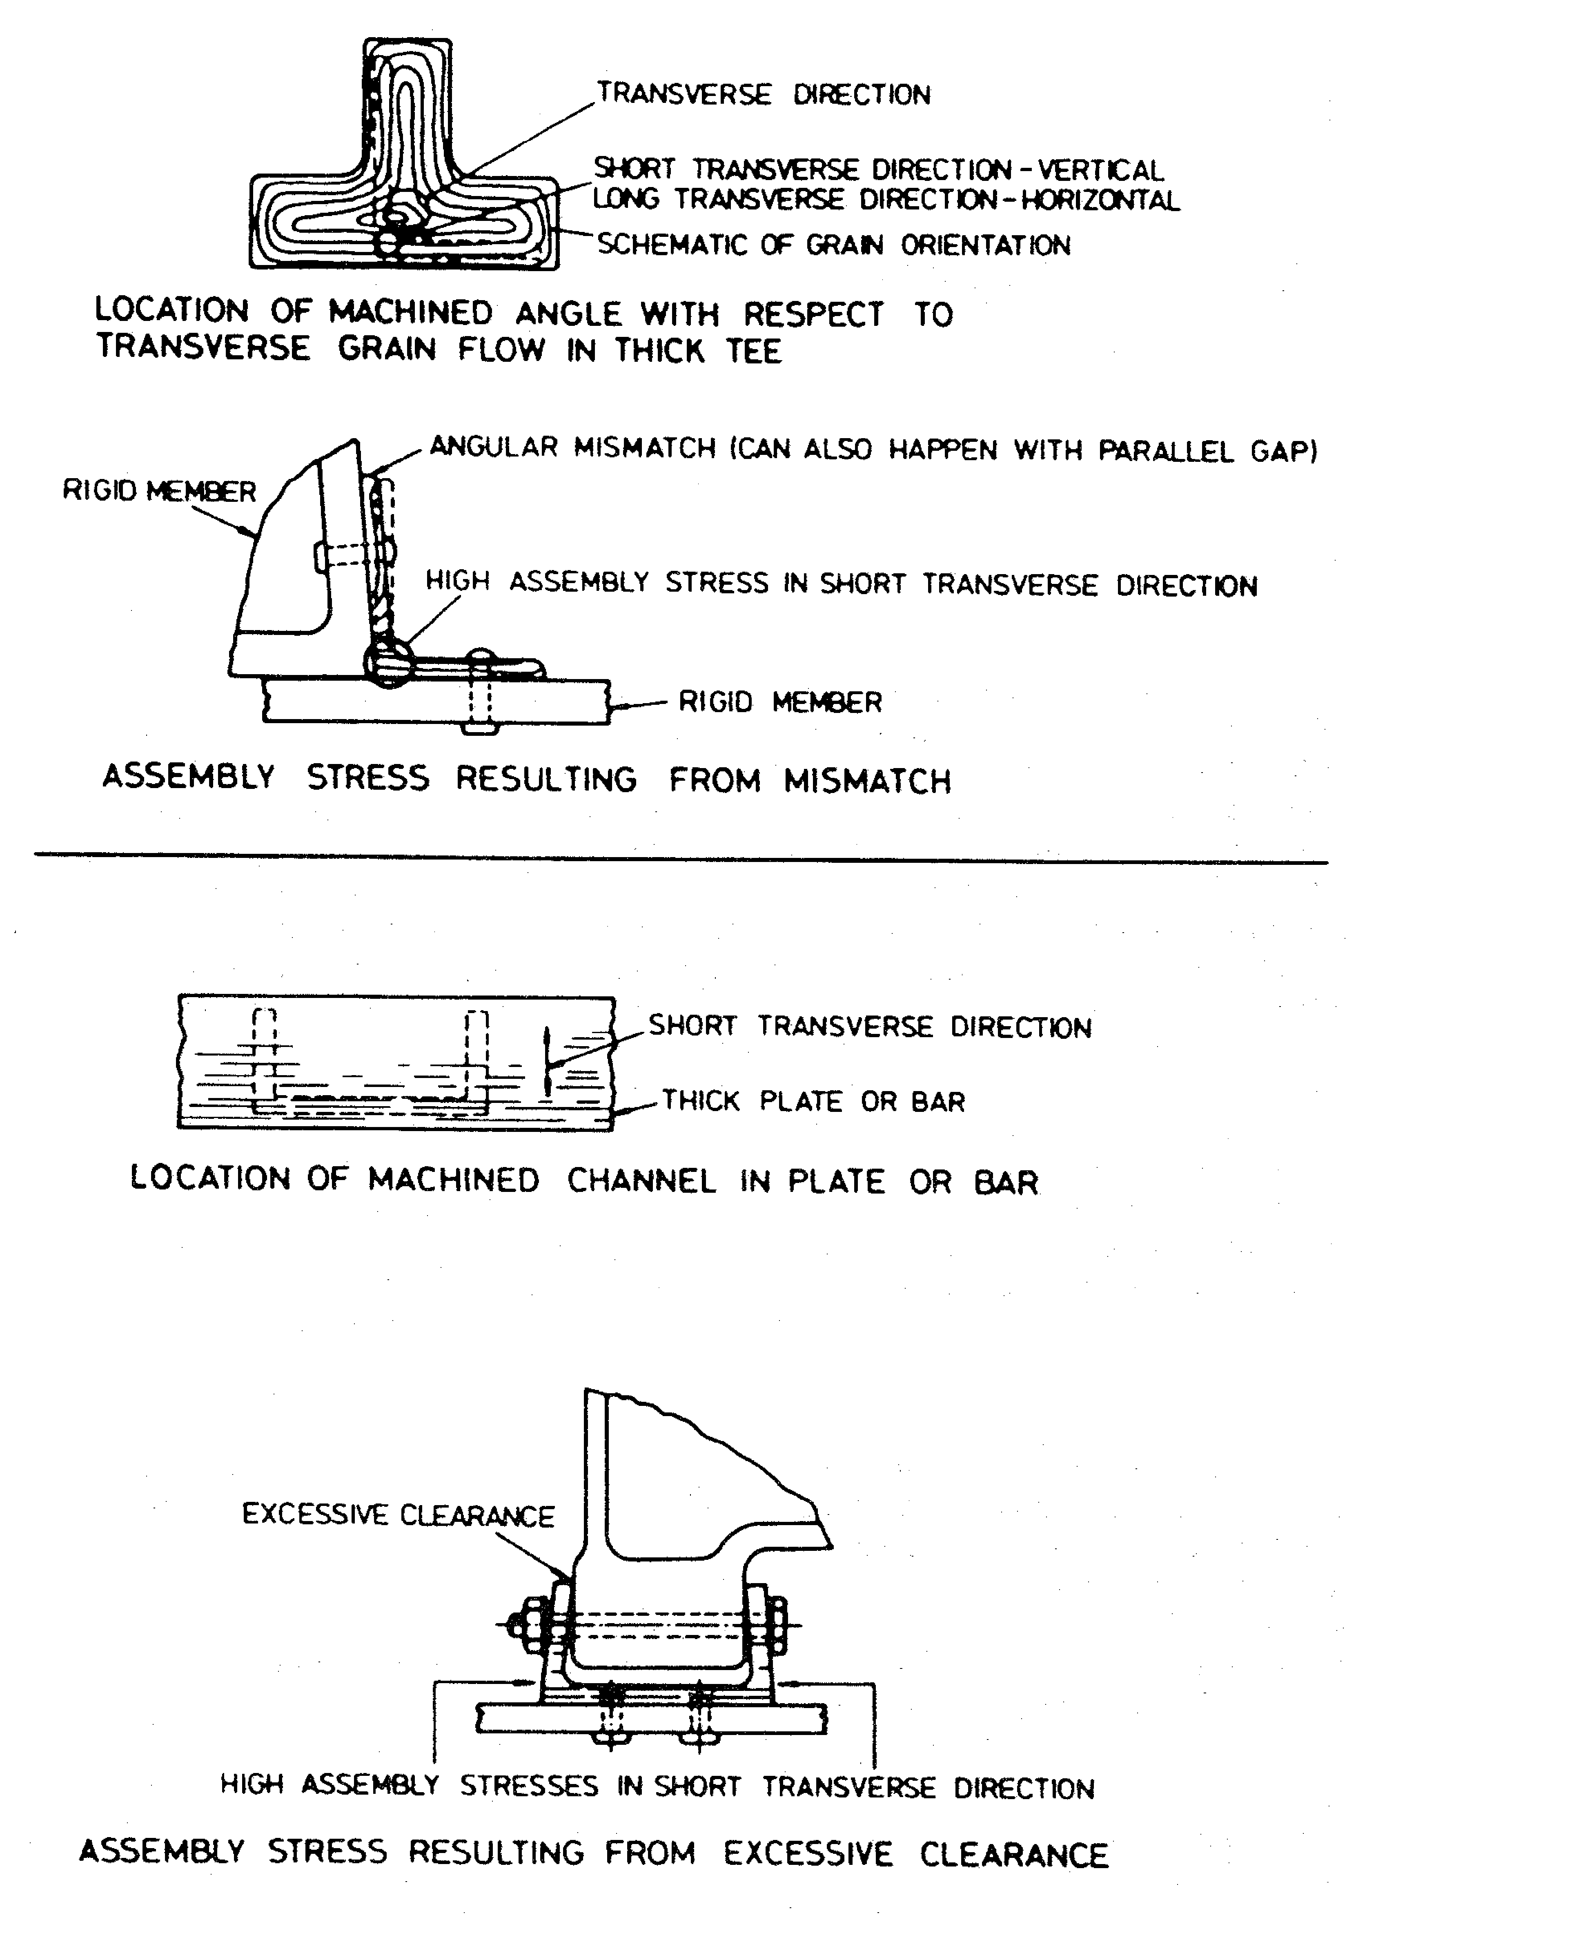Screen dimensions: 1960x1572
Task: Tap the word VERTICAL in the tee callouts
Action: click(1101, 170)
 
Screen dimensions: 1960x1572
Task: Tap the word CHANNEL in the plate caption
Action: click(641, 1181)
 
